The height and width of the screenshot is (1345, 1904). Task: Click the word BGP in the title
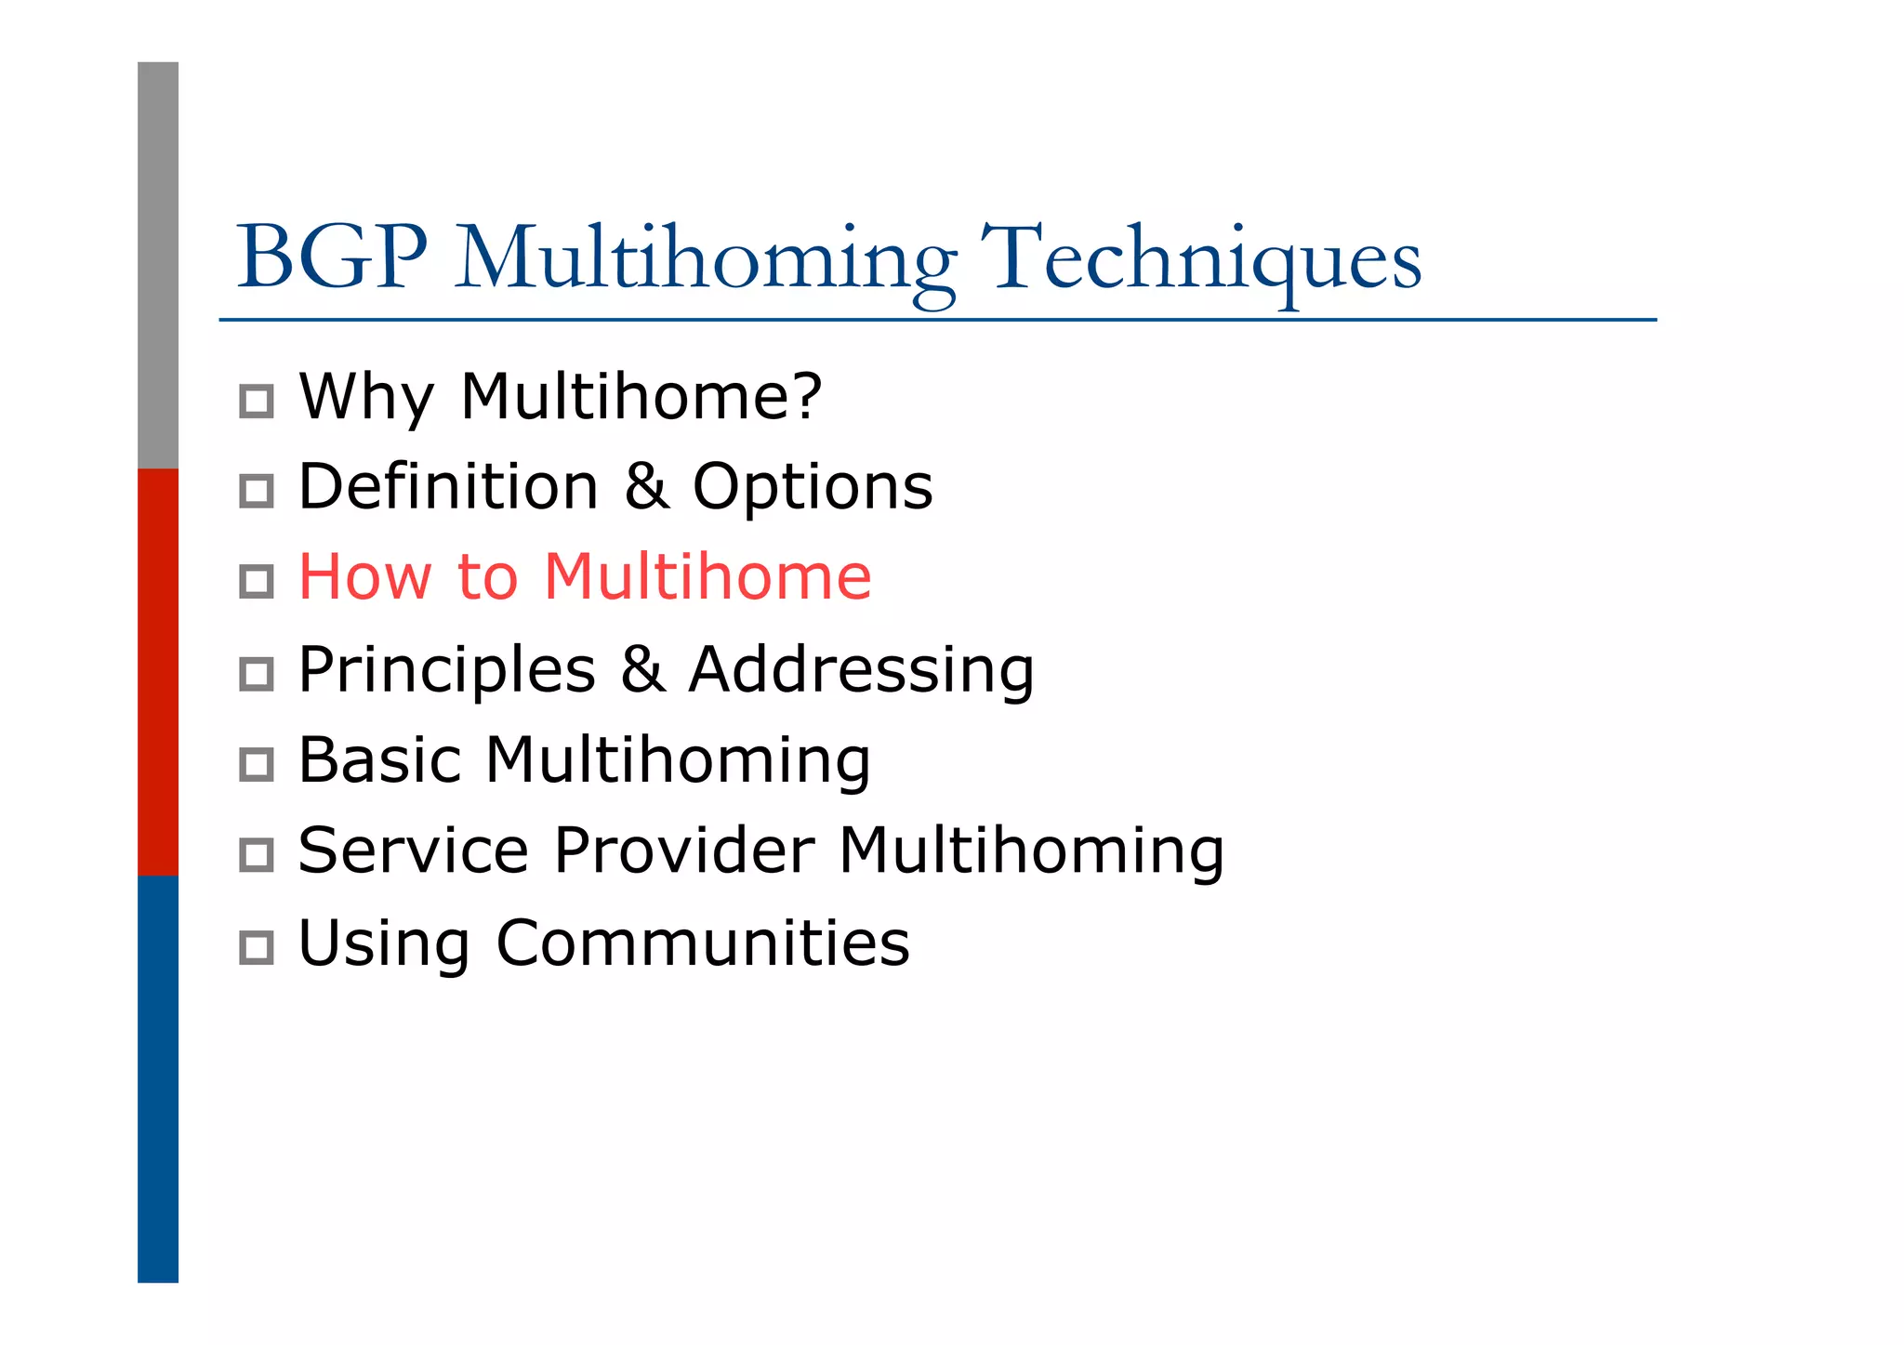point(332,257)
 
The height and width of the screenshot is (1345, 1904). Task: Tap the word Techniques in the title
point(1200,258)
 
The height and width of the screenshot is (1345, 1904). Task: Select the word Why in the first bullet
point(365,397)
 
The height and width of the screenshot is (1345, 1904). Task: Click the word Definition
point(448,486)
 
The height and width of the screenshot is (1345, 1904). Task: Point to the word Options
point(812,486)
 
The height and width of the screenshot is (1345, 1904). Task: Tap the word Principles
point(446,670)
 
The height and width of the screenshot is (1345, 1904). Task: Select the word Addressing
point(861,670)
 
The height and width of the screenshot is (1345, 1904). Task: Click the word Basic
point(379,759)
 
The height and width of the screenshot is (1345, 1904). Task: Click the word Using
point(383,943)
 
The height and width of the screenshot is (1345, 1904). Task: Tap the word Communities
point(703,943)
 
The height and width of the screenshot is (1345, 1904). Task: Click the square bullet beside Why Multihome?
point(257,402)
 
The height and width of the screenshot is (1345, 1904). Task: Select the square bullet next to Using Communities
point(257,948)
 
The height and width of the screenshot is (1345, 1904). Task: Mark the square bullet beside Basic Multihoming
point(257,765)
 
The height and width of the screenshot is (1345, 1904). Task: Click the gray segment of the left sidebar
point(158,265)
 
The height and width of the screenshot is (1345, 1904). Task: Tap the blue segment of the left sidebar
point(158,1078)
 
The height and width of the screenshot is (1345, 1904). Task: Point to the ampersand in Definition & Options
point(646,486)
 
